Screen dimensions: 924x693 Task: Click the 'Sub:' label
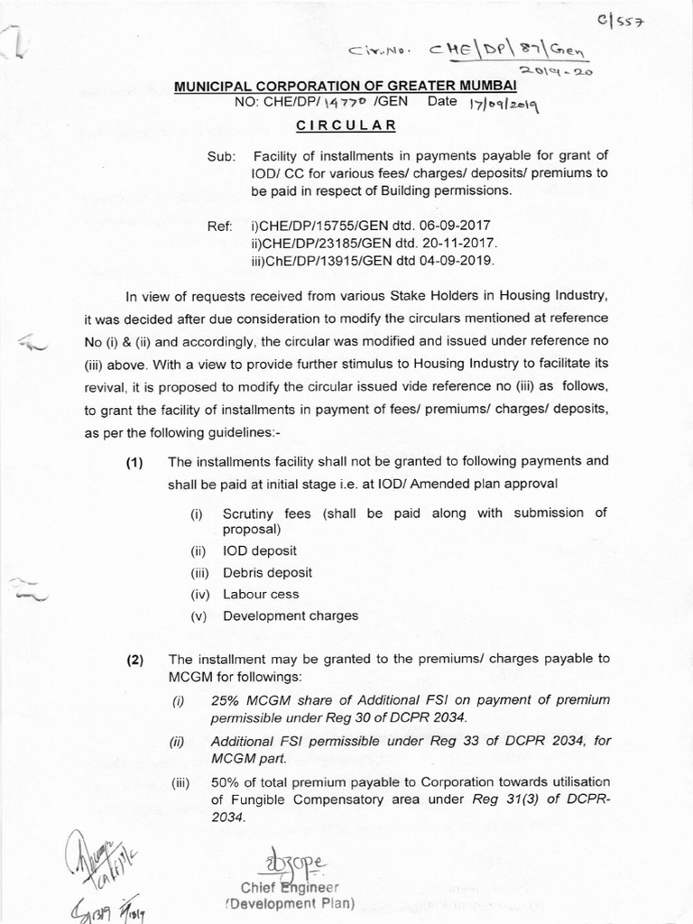point(221,157)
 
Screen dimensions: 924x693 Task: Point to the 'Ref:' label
point(220,225)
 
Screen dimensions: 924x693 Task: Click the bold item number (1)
point(135,462)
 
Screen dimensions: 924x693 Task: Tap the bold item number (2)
point(135,659)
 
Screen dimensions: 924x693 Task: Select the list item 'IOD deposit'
point(260,550)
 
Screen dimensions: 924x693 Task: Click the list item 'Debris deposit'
point(267,572)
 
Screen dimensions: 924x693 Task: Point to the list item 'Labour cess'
point(261,594)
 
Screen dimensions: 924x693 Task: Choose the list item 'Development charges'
point(291,615)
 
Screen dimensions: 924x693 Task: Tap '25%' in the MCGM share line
point(225,700)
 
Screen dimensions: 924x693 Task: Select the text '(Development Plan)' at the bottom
point(289,903)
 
